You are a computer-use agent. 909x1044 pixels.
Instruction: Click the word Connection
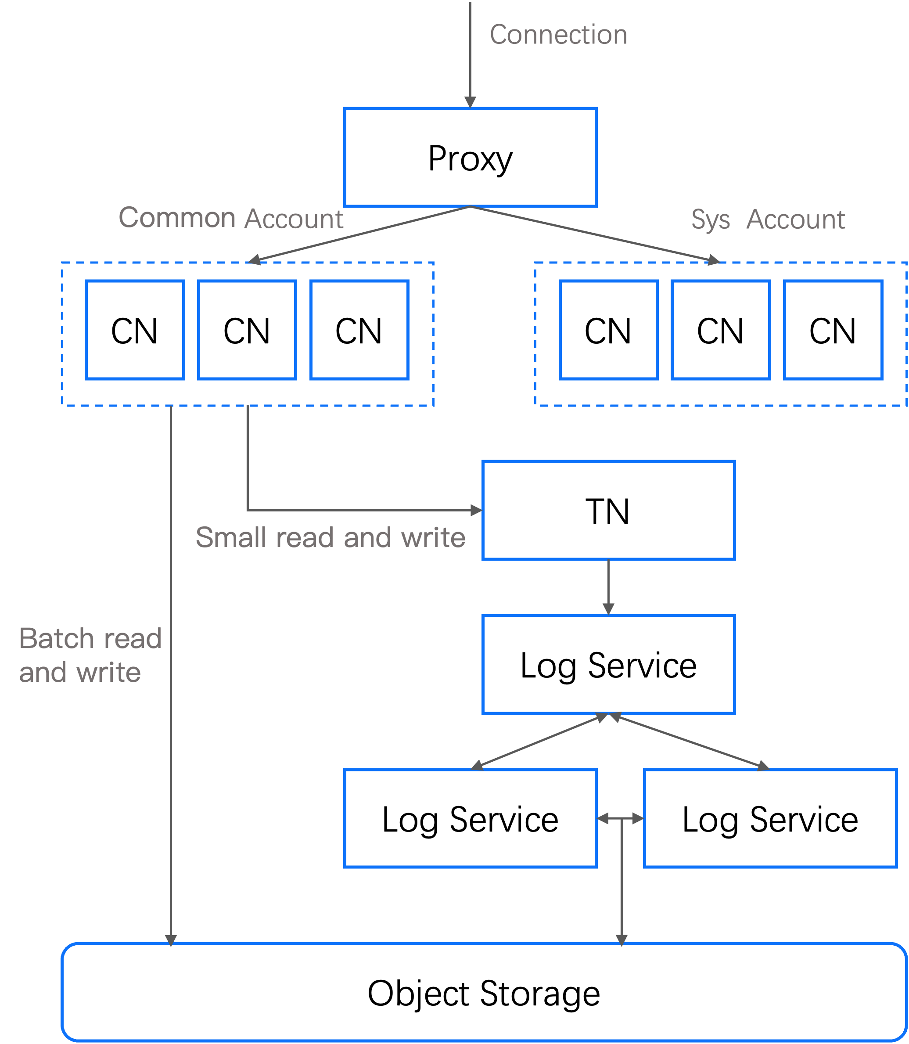[558, 35]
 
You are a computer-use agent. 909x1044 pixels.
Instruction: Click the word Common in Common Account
[177, 218]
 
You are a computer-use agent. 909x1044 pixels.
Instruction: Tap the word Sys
[710, 220]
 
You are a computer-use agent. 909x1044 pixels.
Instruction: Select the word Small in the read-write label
[231, 537]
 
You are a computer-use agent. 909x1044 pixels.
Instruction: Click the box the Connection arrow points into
[470, 157]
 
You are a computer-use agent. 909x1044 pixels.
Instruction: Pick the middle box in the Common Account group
[247, 330]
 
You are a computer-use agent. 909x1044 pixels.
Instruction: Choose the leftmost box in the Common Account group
[135, 330]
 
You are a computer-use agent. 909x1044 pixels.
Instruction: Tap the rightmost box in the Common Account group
[359, 330]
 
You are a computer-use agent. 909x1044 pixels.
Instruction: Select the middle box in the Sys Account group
[721, 330]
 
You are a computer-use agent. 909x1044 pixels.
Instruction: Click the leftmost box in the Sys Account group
[609, 330]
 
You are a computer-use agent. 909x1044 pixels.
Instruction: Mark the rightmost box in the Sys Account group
[834, 330]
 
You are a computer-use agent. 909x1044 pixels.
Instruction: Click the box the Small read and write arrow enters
[608, 510]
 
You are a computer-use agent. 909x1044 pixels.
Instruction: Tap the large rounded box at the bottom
[484, 992]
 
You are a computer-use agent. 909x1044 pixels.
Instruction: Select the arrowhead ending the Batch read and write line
[171, 940]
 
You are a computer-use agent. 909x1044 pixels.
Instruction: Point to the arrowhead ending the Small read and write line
[476, 510]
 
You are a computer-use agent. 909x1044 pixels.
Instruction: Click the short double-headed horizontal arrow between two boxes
[620, 818]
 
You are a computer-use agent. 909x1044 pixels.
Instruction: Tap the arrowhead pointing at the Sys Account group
[713, 260]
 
